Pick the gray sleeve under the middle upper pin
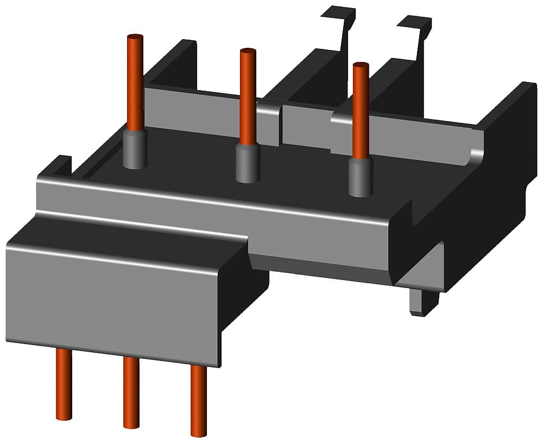click(248, 163)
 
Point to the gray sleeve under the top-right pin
click(359, 177)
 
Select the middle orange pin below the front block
click(131, 391)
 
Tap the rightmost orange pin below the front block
click(198, 400)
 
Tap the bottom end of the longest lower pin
click(198, 434)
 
